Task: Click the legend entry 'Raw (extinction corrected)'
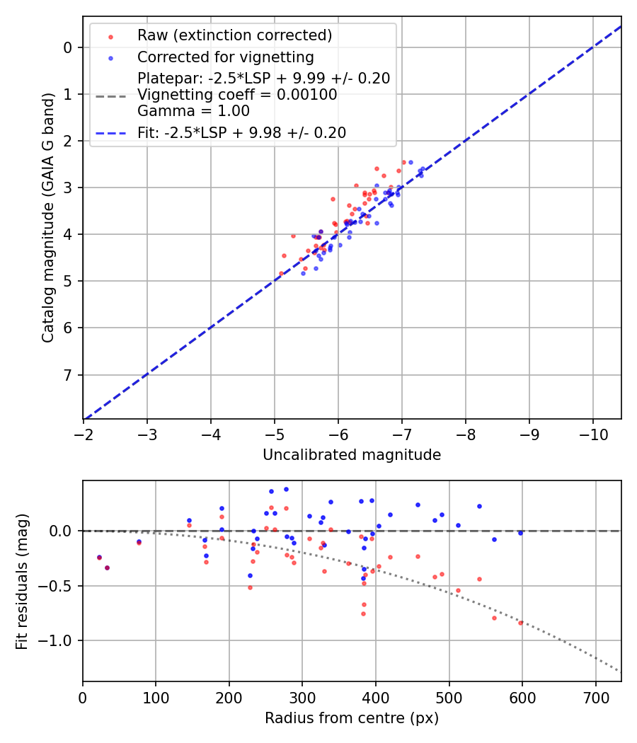click(x=234, y=35)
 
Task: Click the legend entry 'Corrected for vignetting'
click(x=225, y=57)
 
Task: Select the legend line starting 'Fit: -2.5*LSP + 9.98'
click(x=241, y=132)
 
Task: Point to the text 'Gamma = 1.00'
click(x=193, y=110)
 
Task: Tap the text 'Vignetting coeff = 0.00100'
click(x=237, y=95)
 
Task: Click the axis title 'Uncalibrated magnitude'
click(x=352, y=455)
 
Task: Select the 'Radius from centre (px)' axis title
click(x=352, y=718)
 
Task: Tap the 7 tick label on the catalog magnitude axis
click(x=68, y=374)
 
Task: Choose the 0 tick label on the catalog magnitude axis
click(x=68, y=47)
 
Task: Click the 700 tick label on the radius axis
click(x=595, y=697)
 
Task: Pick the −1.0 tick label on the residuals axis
click(x=59, y=640)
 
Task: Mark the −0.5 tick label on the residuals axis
click(x=59, y=586)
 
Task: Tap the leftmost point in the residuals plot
click(x=99, y=558)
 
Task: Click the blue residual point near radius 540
click(x=479, y=506)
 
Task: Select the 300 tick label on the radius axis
click(x=302, y=697)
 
